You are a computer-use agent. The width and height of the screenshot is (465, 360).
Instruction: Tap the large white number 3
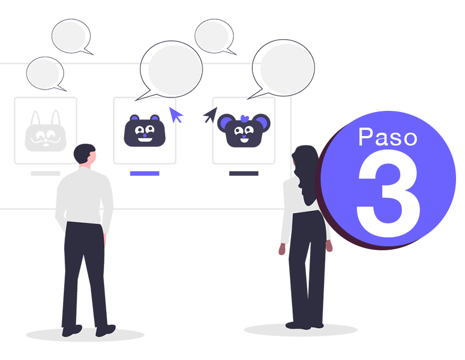coord(388,194)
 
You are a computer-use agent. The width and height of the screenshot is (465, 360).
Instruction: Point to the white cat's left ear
coord(36,119)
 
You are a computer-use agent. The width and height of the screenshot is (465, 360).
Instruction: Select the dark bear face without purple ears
coord(143,131)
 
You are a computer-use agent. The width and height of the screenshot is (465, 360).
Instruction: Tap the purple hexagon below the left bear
coord(144,179)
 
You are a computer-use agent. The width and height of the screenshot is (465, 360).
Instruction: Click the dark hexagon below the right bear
coord(243,179)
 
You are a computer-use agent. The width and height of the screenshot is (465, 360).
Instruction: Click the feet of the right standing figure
coord(304,324)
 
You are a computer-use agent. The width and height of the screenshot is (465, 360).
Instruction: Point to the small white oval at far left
coord(44,73)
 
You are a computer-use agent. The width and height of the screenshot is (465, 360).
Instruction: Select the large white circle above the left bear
coord(173,70)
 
